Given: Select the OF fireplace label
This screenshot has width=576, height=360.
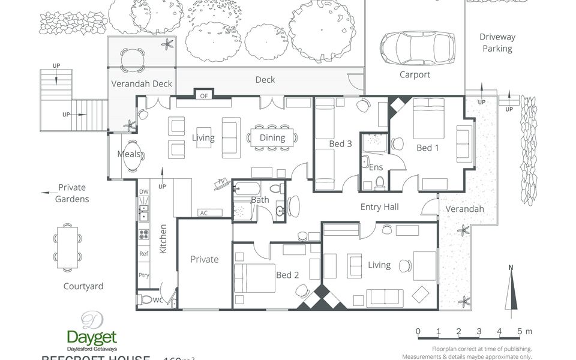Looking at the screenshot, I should [x=203, y=95].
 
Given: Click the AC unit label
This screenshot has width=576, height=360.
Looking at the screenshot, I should [x=203, y=213].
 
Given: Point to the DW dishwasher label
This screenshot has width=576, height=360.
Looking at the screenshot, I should [x=143, y=192].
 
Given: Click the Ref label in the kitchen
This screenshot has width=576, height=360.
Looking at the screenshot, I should [x=143, y=254].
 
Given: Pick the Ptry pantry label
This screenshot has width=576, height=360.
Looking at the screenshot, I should [x=143, y=275].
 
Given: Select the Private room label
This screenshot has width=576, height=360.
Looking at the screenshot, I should [x=205, y=259].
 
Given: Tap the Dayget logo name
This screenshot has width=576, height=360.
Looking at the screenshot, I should [x=91, y=337].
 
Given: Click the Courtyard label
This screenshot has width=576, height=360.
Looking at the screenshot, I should [x=83, y=286].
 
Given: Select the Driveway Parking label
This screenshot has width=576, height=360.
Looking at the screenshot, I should [x=497, y=43].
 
